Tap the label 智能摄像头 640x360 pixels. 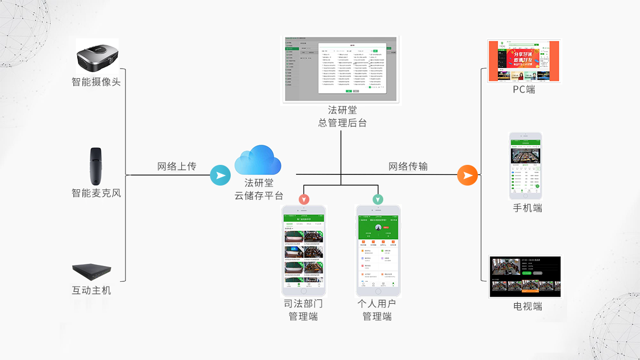coord(96,82)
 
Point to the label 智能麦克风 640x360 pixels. coord(96,193)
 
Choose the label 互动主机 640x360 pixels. coord(91,291)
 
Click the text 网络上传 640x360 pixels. coord(176,166)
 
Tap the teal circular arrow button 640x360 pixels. coord(220,175)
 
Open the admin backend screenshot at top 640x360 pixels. coord(341,69)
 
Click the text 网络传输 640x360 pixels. coord(408,166)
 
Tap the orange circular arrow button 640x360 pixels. coord(468,175)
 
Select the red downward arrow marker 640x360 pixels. coord(304,199)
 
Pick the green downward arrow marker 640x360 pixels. coord(377,199)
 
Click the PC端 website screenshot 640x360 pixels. coord(524,61)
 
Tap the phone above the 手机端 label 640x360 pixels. coord(526,165)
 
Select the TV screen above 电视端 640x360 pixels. coord(525,277)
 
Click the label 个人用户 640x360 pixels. coord(377,304)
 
